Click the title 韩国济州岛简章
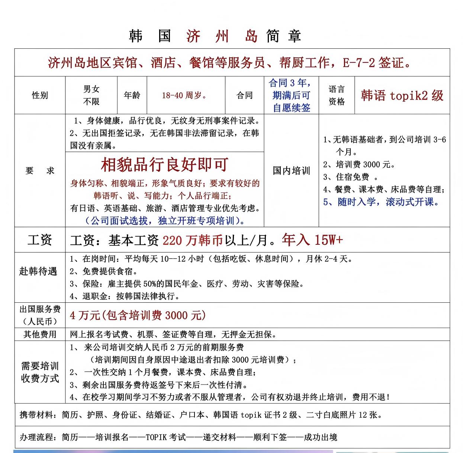[x=215, y=36]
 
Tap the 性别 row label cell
[x=40, y=96]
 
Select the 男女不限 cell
[x=91, y=95]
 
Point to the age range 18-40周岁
[x=184, y=96]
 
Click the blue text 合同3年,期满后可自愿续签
[x=291, y=96]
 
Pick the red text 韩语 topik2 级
[x=402, y=96]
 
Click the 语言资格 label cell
[x=337, y=96]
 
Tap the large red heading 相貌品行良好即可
[x=164, y=165]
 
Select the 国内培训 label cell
[x=291, y=171]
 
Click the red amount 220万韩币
[x=192, y=241]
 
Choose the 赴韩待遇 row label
[x=38, y=272]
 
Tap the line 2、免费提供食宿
[x=104, y=272]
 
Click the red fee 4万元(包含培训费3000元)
[x=138, y=315]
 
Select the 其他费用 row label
[x=40, y=334]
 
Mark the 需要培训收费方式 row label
[x=40, y=372]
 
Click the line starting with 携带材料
[x=201, y=415]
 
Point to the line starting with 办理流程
[x=179, y=437]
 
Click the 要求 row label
[x=40, y=171]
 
